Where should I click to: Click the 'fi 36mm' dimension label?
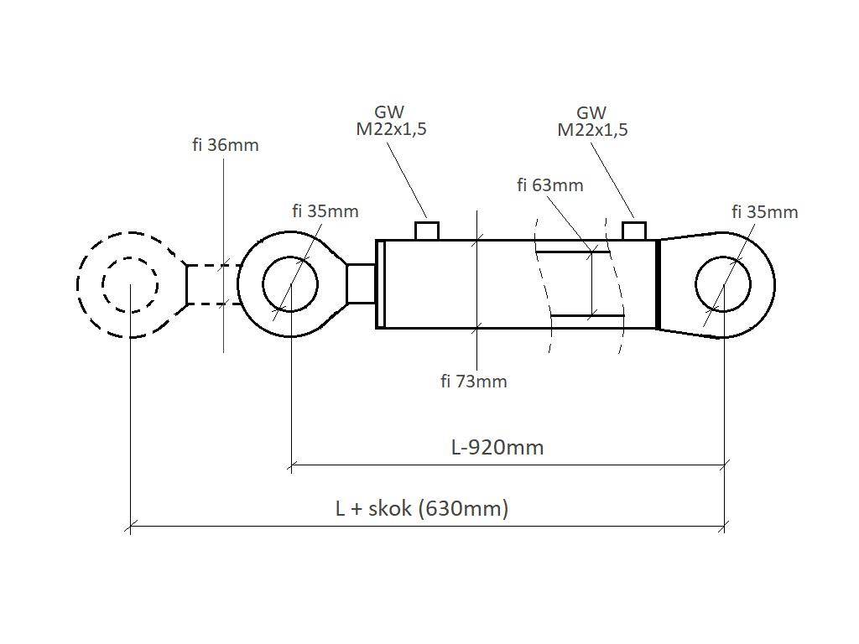(225, 145)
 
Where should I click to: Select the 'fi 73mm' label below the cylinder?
(474, 382)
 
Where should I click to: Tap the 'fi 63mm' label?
(549, 185)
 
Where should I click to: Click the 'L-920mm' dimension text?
(497, 447)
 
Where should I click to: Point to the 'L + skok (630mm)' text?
(422, 508)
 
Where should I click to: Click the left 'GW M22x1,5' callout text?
(391, 121)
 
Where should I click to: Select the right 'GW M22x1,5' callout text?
(592, 122)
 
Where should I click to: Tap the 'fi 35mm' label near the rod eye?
(325, 211)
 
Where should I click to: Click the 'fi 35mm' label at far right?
(764, 212)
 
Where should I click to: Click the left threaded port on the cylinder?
(427, 231)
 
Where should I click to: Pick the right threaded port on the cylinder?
(633, 231)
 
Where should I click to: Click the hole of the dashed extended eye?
(130, 284)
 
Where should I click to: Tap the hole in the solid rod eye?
(290, 284)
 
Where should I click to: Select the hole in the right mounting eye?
(723, 285)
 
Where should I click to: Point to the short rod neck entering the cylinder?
(361, 283)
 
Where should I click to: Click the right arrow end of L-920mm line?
(724, 464)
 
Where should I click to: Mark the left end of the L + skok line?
(130, 527)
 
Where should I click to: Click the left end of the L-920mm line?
(291, 464)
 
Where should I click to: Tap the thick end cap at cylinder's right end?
(658, 284)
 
